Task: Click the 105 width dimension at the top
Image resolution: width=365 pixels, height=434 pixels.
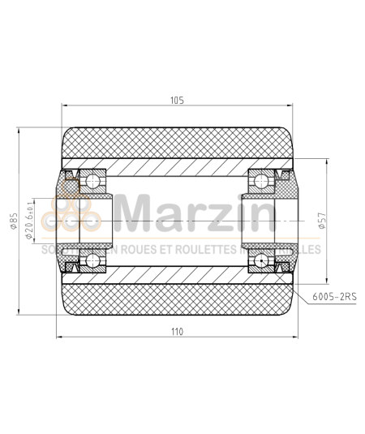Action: tap(178, 101)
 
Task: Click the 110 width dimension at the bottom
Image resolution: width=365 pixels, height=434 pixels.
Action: tap(178, 331)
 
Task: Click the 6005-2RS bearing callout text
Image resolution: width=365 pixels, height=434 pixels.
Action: tap(334, 298)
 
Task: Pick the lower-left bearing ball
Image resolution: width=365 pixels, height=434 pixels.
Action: tap(93, 260)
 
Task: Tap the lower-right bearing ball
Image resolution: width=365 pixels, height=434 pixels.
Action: tap(261, 260)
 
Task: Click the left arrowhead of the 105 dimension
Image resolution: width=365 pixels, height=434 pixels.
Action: tap(66, 107)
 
